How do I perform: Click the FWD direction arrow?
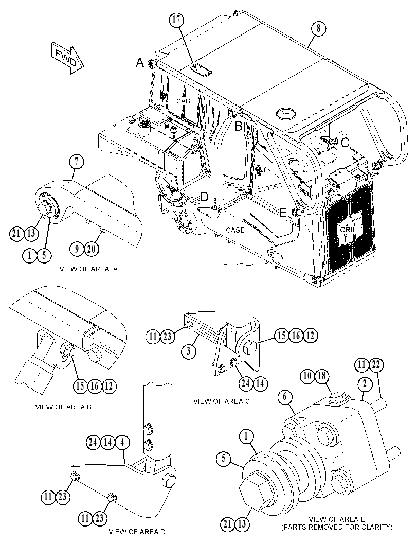[x=67, y=58]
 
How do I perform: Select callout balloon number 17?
[x=177, y=20]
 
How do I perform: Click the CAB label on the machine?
[x=183, y=101]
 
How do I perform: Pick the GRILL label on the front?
[x=350, y=230]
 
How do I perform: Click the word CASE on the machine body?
[x=235, y=230]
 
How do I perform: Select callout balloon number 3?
[x=189, y=350]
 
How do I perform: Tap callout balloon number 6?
[x=285, y=397]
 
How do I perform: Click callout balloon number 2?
[x=365, y=384]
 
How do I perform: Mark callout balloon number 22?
[x=377, y=365]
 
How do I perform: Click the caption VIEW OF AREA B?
[x=63, y=407]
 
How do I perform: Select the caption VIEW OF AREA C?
[x=221, y=401]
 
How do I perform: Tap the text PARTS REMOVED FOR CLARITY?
[x=337, y=528]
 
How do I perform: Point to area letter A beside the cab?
[x=139, y=63]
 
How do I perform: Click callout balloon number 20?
[x=92, y=249]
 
